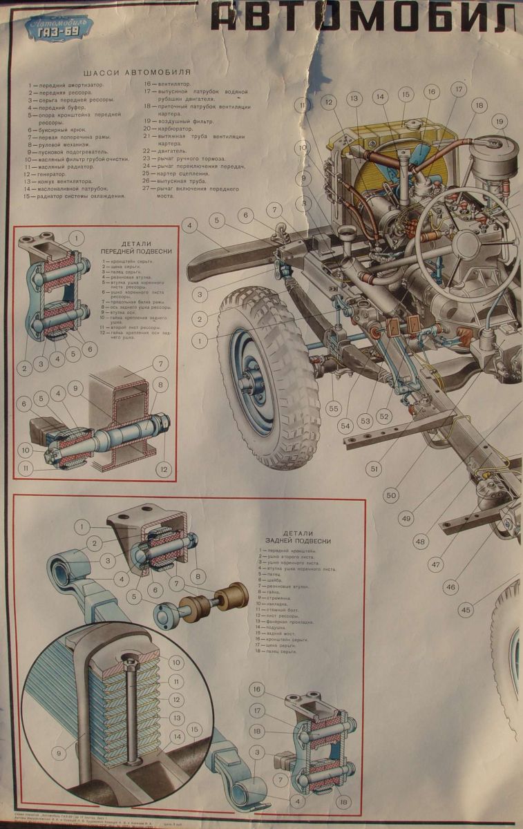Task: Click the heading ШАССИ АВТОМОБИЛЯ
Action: point(136,72)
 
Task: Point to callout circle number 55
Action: point(334,409)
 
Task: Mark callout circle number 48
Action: point(421,542)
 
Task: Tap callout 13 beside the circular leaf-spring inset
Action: point(176,718)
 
